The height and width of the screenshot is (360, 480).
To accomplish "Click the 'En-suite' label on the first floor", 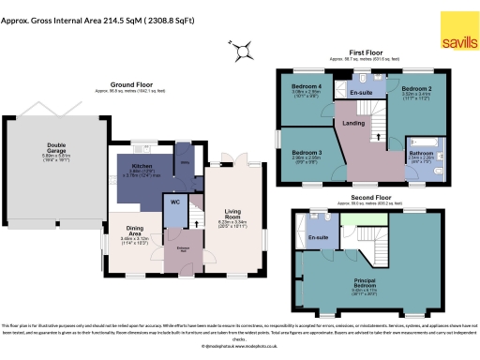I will coord(361,94).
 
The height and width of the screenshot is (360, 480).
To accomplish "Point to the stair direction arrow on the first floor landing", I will coord(378,134).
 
